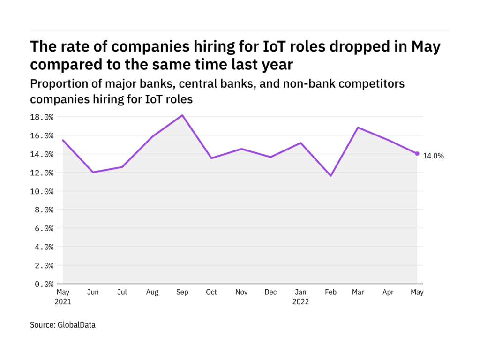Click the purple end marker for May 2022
[x=417, y=154]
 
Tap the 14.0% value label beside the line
[x=433, y=156]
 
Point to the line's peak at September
[x=182, y=115]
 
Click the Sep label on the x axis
[x=182, y=292]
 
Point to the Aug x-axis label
[x=153, y=292]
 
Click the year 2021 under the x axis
[x=63, y=301]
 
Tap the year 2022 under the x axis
[x=300, y=301]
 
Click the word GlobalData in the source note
[x=76, y=324]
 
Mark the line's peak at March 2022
[x=359, y=127]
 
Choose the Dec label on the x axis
[x=271, y=292]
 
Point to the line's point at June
[x=93, y=172]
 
